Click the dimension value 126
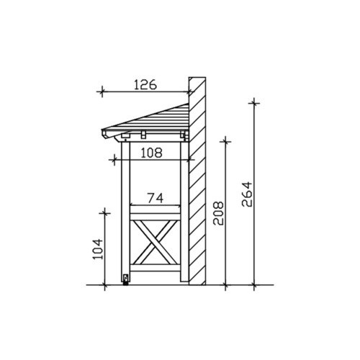[145, 85]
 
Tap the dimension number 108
[151, 153]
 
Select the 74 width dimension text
[156, 198]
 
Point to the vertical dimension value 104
[98, 248]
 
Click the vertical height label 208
[218, 213]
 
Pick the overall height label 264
[247, 194]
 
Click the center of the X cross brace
[156, 242]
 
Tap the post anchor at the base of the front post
[125, 280]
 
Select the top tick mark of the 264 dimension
[254, 103]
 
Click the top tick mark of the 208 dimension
[225, 141]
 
